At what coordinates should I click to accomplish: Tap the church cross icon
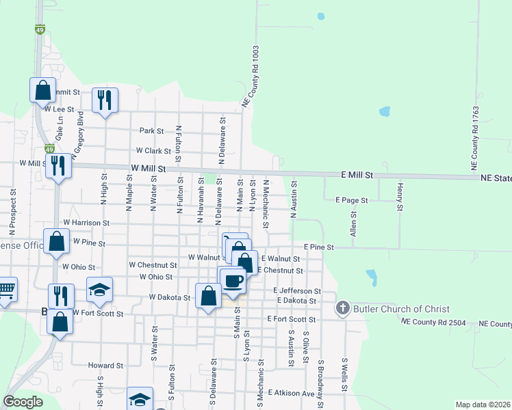click(x=343, y=309)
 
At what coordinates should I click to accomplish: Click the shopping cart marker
click(x=5, y=289)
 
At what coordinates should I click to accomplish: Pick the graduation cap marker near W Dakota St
click(x=99, y=290)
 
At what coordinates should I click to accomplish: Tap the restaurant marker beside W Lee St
click(x=105, y=100)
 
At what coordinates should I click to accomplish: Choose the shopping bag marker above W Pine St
click(x=56, y=241)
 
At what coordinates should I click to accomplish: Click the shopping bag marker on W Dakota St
click(x=208, y=296)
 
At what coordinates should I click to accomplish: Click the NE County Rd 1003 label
click(x=251, y=76)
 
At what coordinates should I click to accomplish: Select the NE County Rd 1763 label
click(x=474, y=138)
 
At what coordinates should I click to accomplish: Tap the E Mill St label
click(x=357, y=176)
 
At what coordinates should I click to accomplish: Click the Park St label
click(x=151, y=131)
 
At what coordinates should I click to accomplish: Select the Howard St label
click(x=105, y=366)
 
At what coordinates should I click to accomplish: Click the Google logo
click(x=23, y=402)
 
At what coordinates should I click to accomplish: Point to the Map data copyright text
click(x=482, y=405)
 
